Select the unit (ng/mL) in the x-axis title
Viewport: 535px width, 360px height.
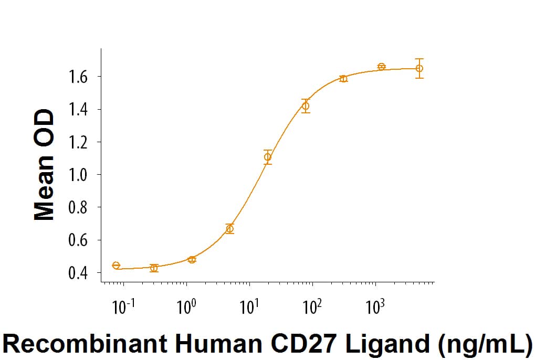(x=487, y=344)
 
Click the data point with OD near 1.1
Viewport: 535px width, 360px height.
(x=268, y=157)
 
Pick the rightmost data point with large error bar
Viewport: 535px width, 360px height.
(x=419, y=68)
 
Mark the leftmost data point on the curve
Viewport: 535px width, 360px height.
(x=116, y=266)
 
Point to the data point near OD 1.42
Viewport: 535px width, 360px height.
(x=306, y=106)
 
